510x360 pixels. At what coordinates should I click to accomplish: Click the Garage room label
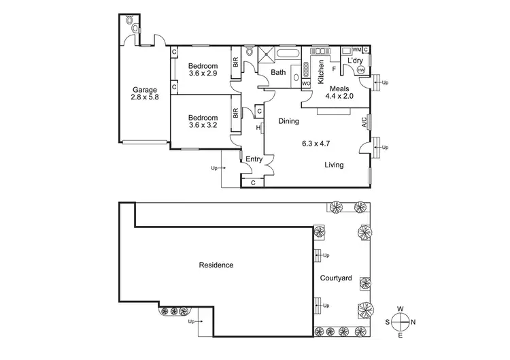[x=145, y=89]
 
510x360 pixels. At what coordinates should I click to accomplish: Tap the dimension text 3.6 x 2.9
[x=203, y=73]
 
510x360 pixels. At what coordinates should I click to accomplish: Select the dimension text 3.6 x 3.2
[x=203, y=125]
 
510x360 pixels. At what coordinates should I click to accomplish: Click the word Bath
[x=279, y=72]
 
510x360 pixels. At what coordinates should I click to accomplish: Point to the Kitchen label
[x=322, y=72]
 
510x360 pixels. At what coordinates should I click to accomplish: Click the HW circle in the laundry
[x=360, y=69]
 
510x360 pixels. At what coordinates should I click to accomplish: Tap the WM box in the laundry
[x=356, y=50]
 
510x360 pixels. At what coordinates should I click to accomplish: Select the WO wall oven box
[x=306, y=84]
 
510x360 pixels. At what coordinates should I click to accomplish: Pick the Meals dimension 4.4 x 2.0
[x=339, y=97]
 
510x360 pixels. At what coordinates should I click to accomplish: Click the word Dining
[x=290, y=121]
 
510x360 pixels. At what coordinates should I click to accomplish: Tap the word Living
[x=333, y=165]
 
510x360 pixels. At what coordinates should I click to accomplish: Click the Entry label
[x=254, y=159]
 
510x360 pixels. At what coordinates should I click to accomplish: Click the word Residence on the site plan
[x=216, y=265]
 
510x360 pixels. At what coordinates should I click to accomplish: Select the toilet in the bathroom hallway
[x=250, y=52]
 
